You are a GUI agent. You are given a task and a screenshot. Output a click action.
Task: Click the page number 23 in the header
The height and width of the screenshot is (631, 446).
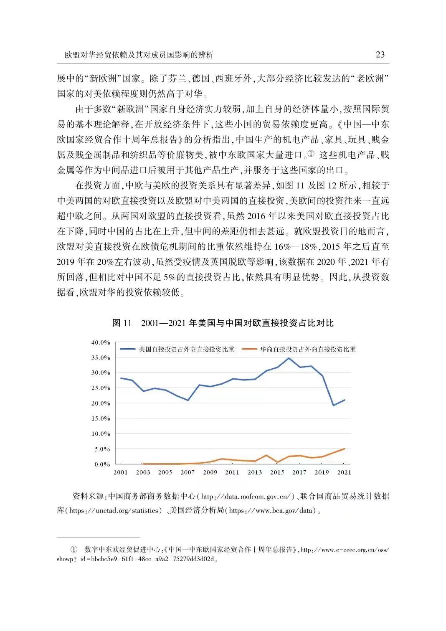380,55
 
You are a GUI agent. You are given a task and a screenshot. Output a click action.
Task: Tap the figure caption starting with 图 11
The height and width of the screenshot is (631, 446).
223,323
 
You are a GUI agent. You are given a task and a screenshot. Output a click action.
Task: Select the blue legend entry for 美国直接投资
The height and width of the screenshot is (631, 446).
177,349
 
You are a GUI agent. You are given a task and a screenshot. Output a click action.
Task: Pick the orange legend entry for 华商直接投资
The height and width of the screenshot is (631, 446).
299,349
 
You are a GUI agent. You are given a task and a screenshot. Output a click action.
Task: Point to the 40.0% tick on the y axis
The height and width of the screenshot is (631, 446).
101,342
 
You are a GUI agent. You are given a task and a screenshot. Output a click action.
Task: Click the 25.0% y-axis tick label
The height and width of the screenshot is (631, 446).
101,388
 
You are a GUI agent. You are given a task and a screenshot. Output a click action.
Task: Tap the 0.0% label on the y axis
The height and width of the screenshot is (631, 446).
102,464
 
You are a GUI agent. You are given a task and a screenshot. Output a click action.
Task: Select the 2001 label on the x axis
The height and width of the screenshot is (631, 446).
121,472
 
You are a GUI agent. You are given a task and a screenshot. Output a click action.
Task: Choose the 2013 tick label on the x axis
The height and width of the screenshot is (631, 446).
255,472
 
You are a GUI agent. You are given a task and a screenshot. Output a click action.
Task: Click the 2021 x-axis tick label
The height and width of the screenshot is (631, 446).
344,472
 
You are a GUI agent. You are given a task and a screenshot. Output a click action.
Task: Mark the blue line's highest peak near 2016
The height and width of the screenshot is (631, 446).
289,358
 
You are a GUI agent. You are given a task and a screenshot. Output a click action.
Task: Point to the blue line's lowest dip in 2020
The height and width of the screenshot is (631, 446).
333,405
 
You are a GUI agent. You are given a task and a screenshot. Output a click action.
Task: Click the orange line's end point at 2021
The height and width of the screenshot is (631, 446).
345,449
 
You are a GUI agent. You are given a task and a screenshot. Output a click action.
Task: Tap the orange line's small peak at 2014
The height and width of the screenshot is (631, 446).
266,455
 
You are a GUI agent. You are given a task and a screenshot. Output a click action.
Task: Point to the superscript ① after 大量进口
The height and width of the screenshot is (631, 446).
310,155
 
